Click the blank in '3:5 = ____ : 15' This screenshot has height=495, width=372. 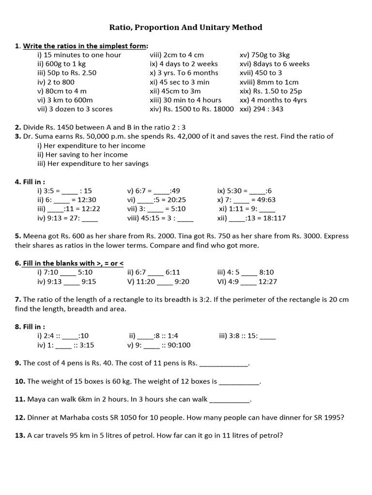(x=70, y=191)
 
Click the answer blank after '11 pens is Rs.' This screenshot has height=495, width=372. (x=224, y=363)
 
